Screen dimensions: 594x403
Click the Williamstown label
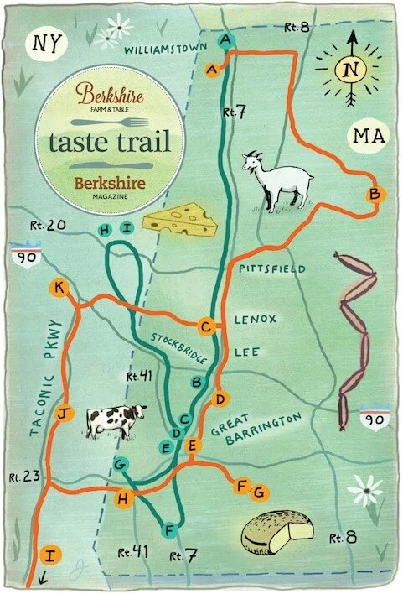[x=165, y=50]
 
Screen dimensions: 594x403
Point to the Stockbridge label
[x=178, y=348]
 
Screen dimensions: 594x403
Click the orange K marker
[x=58, y=288]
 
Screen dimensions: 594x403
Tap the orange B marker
[x=375, y=195]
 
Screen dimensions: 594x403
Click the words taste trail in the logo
[x=110, y=140]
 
